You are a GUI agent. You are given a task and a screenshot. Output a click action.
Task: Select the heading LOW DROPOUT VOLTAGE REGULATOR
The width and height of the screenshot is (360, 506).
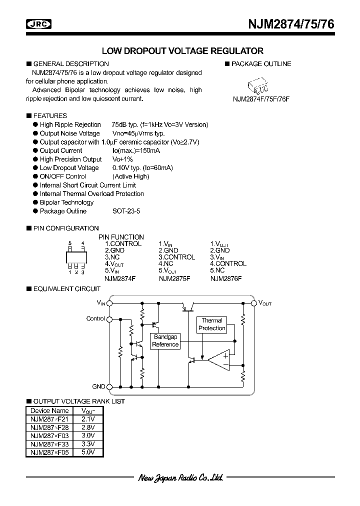tap(182, 51)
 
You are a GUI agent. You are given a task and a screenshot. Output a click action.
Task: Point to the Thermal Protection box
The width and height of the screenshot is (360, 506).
tap(212, 324)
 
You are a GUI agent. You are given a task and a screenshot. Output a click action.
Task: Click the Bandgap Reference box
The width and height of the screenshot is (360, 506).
tap(165, 341)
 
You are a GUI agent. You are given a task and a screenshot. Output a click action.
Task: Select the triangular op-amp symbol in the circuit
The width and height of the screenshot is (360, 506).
tap(220, 360)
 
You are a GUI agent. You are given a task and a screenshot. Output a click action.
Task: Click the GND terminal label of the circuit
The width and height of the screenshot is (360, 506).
tap(98, 386)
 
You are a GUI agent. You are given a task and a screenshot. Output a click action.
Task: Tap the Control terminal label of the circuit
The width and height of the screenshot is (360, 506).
tap(95, 318)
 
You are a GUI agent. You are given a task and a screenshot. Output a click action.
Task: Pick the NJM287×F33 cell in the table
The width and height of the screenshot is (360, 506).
tap(50, 443)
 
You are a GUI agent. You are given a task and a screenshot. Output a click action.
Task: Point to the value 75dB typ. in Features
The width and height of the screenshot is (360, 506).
tap(116, 124)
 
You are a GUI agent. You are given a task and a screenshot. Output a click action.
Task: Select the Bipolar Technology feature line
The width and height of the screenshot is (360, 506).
tap(66, 202)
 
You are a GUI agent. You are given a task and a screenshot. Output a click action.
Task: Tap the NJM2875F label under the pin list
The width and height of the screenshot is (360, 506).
tap(174, 278)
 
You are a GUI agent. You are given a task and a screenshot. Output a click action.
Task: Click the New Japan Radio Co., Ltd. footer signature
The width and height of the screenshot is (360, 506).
tap(180, 478)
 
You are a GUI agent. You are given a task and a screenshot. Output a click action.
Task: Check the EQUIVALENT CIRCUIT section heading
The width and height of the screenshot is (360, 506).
tap(66, 288)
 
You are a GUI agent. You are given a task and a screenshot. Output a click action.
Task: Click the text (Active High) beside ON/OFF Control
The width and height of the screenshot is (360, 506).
tap(131, 176)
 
